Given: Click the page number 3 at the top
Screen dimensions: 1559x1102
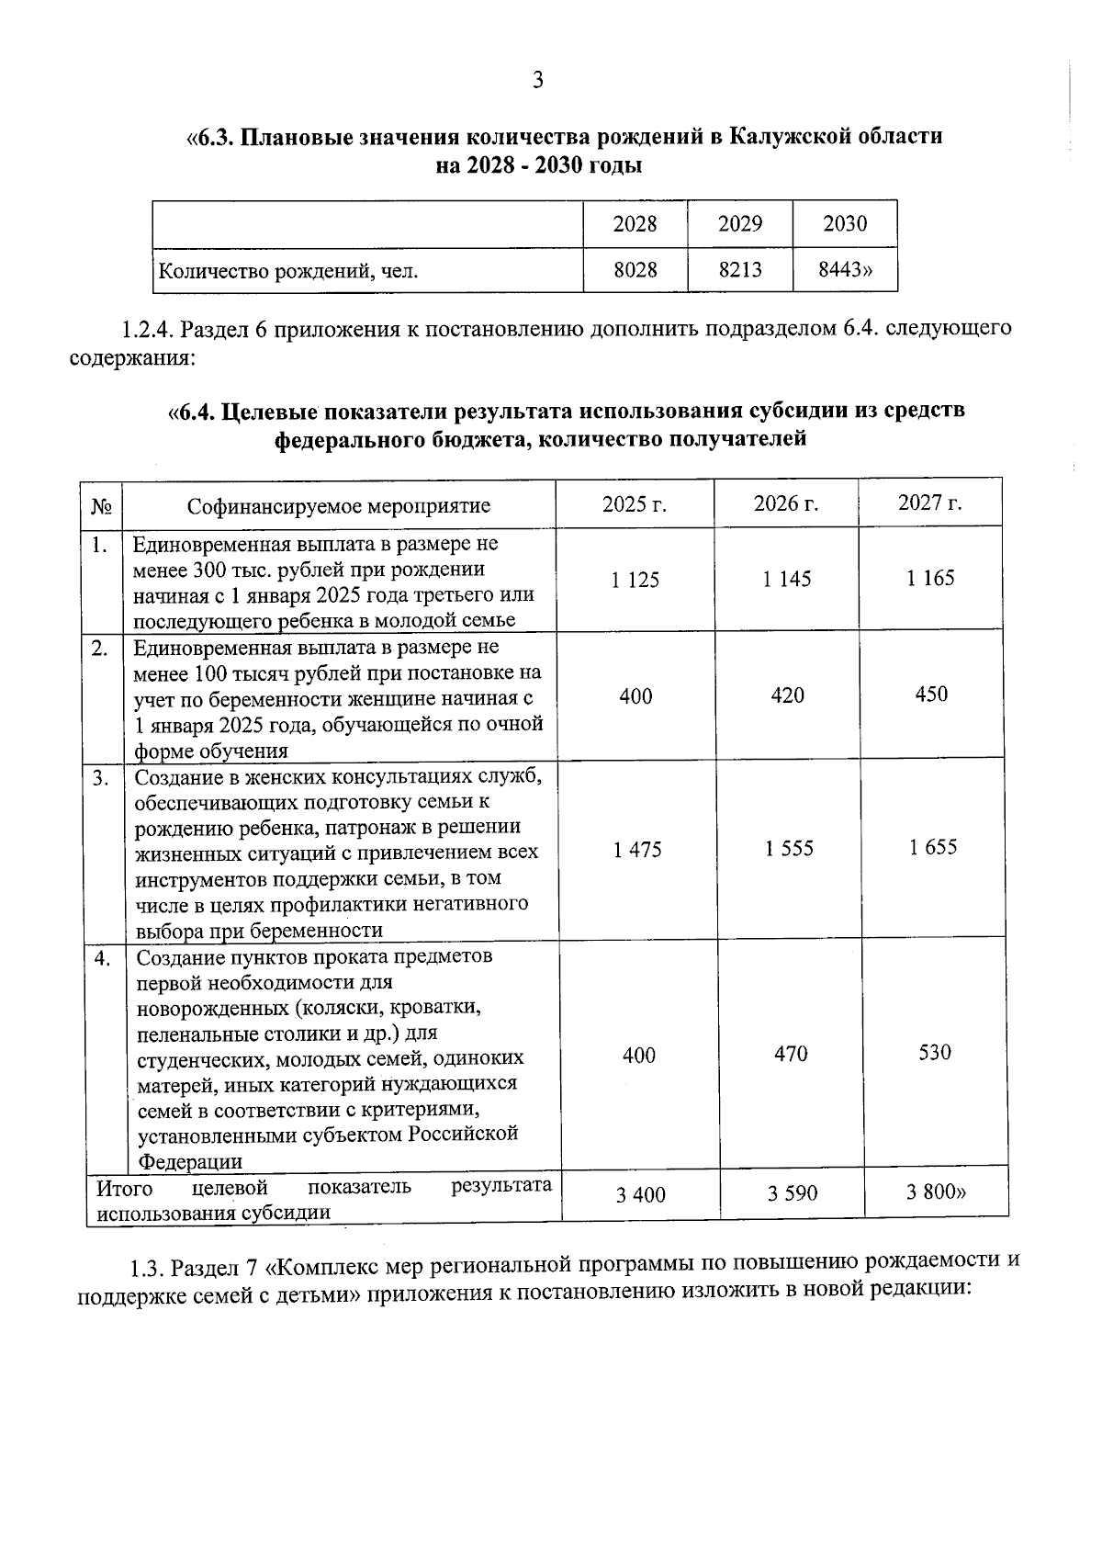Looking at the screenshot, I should pyautogui.click(x=538, y=80).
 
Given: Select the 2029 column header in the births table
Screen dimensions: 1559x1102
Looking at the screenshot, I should pyautogui.click(x=740, y=224).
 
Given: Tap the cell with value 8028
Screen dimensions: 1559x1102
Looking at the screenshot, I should pyautogui.click(x=635, y=271).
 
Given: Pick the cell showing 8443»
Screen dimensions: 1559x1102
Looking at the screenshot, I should pyautogui.click(x=845, y=270).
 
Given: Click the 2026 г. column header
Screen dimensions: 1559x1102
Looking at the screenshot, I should pyautogui.click(x=786, y=503).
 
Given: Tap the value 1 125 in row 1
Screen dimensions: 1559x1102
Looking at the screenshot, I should pyautogui.click(x=635, y=580).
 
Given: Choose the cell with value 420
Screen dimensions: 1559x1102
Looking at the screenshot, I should pyautogui.click(x=788, y=695).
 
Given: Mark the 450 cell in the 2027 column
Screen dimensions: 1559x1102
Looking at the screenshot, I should pyautogui.click(x=931, y=695).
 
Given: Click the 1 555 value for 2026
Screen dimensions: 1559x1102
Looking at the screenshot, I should pyautogui.click(x=790, y=849).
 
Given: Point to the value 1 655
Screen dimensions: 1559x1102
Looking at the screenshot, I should pyautogui.click(x=933, y=847).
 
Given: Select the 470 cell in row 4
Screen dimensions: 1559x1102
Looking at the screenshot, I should pyautogui.click(x=791, y=1054).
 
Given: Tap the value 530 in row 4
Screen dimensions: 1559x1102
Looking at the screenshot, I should pyautogui.click(x=935, y=1053).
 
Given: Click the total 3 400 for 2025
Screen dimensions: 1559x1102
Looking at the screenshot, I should pyautogui.click(x=641, y=1195).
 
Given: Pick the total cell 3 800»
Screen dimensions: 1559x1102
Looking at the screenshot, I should pyautogui.click(x=936, y=1192).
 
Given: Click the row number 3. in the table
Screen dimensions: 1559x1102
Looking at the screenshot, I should pyautogui.click(x=101, y=778).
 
